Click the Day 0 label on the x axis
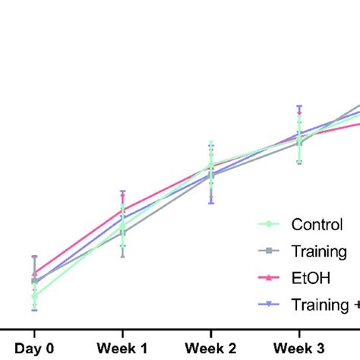34,349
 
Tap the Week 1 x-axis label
122,349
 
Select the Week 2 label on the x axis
210,349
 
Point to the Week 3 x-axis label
299,349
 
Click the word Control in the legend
317,224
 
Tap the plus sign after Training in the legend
356,305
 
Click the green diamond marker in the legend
267,224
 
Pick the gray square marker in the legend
267,251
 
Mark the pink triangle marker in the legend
267,278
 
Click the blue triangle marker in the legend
267,305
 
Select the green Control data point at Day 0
34,296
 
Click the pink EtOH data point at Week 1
122,210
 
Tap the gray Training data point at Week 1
122,232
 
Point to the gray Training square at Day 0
34,281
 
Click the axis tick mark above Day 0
34,332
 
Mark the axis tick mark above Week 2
210,332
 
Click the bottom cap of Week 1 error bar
122,257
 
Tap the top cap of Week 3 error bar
299,106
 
